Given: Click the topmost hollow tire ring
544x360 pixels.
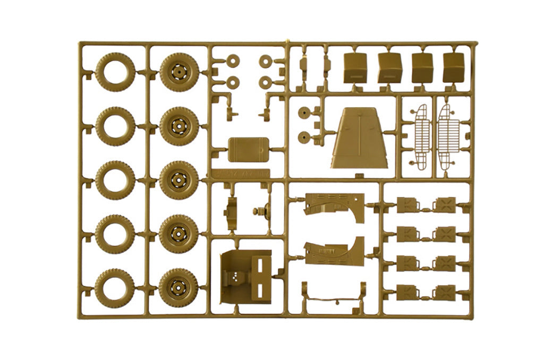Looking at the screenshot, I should (115, 72).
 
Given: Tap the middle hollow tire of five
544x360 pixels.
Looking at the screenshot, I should (115, 180).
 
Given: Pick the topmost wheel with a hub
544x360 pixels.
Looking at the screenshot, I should (179, 72).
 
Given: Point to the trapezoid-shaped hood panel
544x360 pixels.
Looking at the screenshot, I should (360, 139).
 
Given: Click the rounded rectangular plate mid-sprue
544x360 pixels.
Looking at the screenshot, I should (249, 149).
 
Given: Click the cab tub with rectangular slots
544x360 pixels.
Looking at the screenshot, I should (245, 276).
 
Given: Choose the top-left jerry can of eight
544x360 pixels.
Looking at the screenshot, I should (407, 204).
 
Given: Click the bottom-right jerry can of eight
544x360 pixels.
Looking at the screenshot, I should (444, 292).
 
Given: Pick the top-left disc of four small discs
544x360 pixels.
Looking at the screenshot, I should (232, 61).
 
